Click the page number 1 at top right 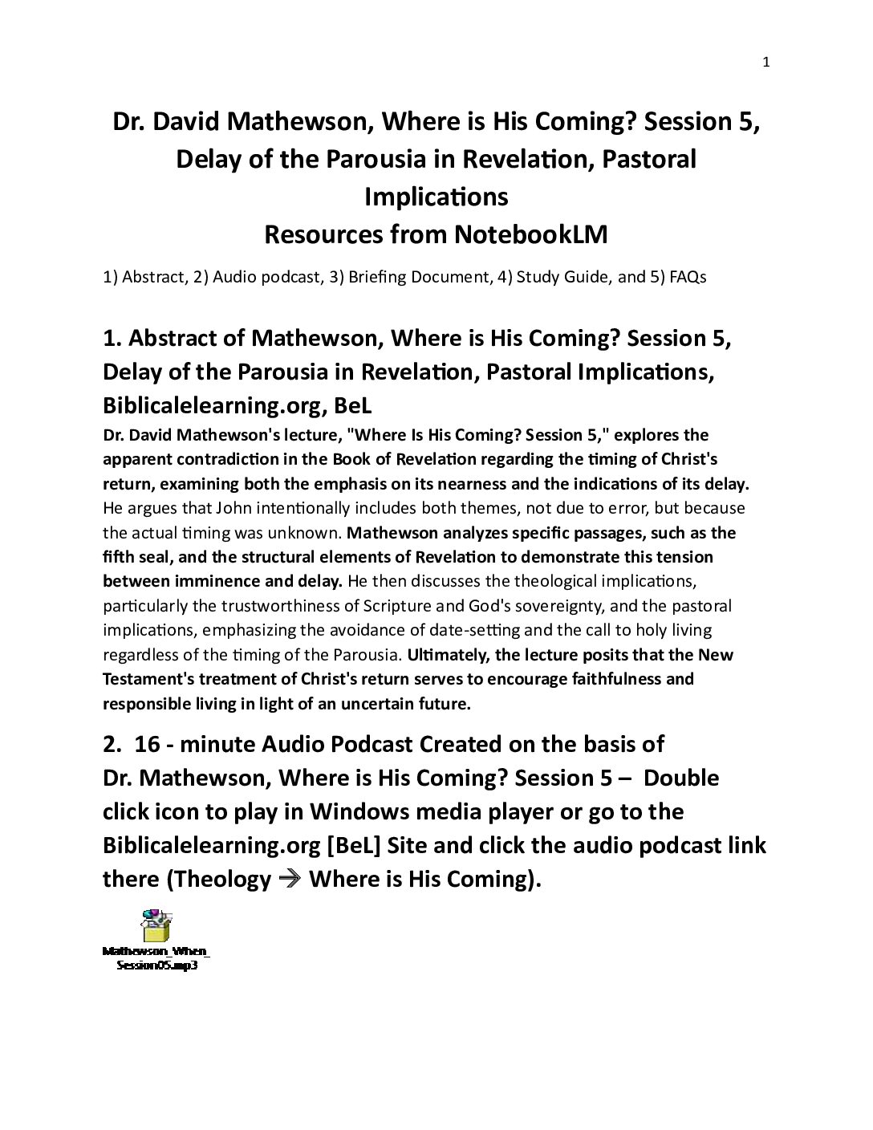(766, 63)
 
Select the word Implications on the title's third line (436, 197)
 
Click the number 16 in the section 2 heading (148, 744)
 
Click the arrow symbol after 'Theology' (290, 879)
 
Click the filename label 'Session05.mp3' (157, 965)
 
